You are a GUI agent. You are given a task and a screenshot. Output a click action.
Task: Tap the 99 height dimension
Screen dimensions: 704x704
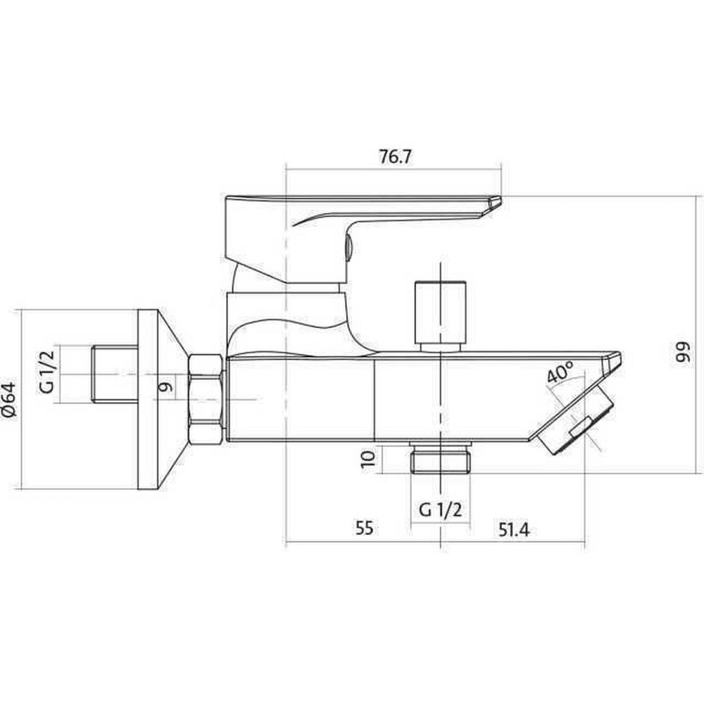(682, 354)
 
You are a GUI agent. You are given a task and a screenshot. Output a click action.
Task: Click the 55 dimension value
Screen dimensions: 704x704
(364, 528)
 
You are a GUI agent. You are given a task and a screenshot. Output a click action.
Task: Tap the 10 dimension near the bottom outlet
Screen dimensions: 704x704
(367, 460)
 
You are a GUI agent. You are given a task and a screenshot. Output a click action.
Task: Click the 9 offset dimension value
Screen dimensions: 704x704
(165, 386)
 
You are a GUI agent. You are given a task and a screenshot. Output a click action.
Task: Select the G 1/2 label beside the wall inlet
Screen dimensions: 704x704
(46, 372)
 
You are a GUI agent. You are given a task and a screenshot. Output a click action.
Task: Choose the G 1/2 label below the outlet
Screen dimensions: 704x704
(440, 510)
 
